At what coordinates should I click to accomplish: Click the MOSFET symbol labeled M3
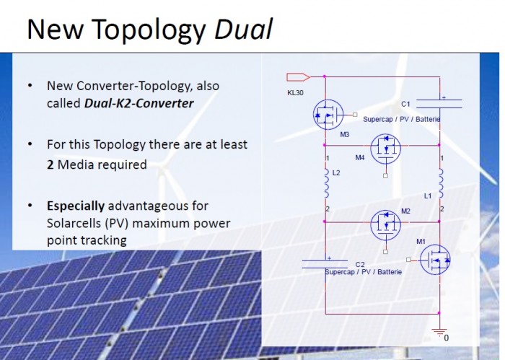click(x=328, y=115)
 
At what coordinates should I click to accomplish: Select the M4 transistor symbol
click(x=385, y=149)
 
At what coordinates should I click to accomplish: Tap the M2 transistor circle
click(x=385, y=225)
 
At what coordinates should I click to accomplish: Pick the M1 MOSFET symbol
click(x=435, y=260)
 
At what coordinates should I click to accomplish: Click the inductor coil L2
click(x=326, y=183)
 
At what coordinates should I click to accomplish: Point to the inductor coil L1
click(x=441, y=183)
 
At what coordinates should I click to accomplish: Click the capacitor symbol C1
click(x=439, y=104)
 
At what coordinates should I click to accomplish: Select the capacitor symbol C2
click(x=325, y=264)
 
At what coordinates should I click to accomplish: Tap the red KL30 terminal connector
click(x=298, y=77)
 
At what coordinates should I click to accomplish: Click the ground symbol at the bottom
click(x=439, y=331)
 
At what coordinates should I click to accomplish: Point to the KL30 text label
click(x=295, y=93)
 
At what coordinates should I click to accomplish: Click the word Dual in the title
click(x=244, y=29)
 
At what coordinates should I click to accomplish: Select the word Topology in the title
click(x=150, y=31)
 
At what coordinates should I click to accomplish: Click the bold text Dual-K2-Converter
click(x=139, y=103)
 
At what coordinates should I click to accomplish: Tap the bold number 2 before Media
click(x=50, y=165)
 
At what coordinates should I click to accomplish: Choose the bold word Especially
click(x=76, y=206)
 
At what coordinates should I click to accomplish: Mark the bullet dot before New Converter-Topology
click(x=30, y=86)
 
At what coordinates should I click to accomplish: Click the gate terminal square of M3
click(x=355, y=115)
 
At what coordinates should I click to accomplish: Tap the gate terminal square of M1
click(x=409, y=260)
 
